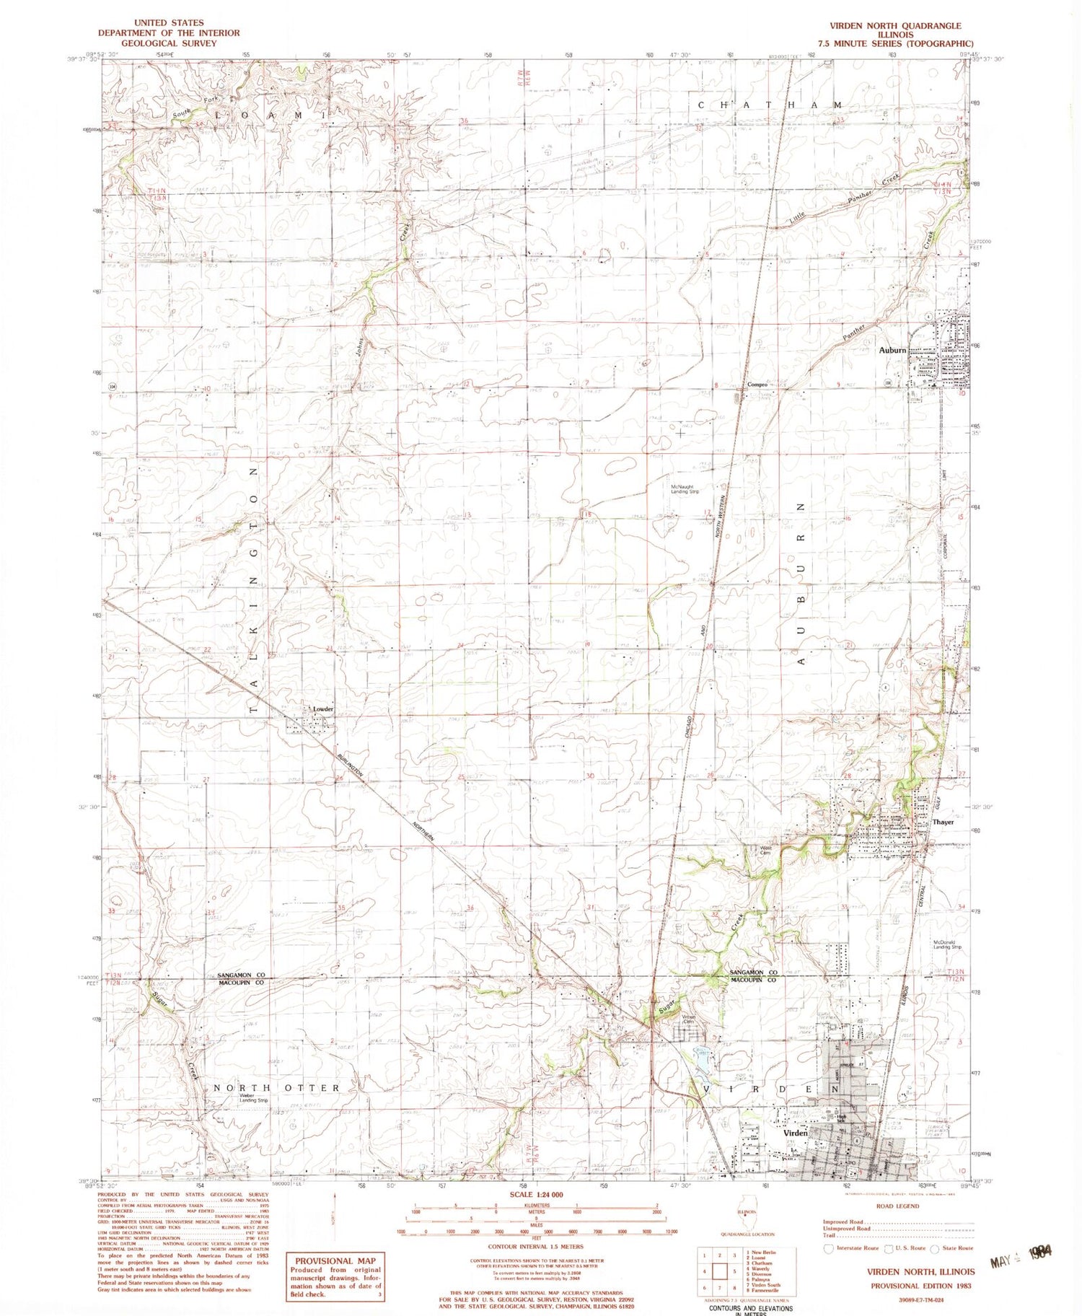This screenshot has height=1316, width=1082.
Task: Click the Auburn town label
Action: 892,350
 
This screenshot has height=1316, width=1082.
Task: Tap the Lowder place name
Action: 322,709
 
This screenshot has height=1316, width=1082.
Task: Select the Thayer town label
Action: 943,822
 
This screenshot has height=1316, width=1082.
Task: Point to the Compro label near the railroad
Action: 757,385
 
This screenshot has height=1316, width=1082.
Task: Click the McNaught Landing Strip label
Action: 685,489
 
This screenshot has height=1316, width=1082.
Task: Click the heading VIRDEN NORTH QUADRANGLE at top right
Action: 896,25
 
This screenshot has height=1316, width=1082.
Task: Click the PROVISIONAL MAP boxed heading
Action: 335,1260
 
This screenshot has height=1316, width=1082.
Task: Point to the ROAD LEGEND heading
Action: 898,1206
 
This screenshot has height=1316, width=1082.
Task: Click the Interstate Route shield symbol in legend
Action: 828,1247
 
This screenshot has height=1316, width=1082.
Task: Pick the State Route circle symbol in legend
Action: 935,1247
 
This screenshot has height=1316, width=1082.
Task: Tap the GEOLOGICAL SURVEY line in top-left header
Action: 169,43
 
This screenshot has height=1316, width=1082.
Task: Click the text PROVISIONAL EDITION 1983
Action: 921,1286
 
